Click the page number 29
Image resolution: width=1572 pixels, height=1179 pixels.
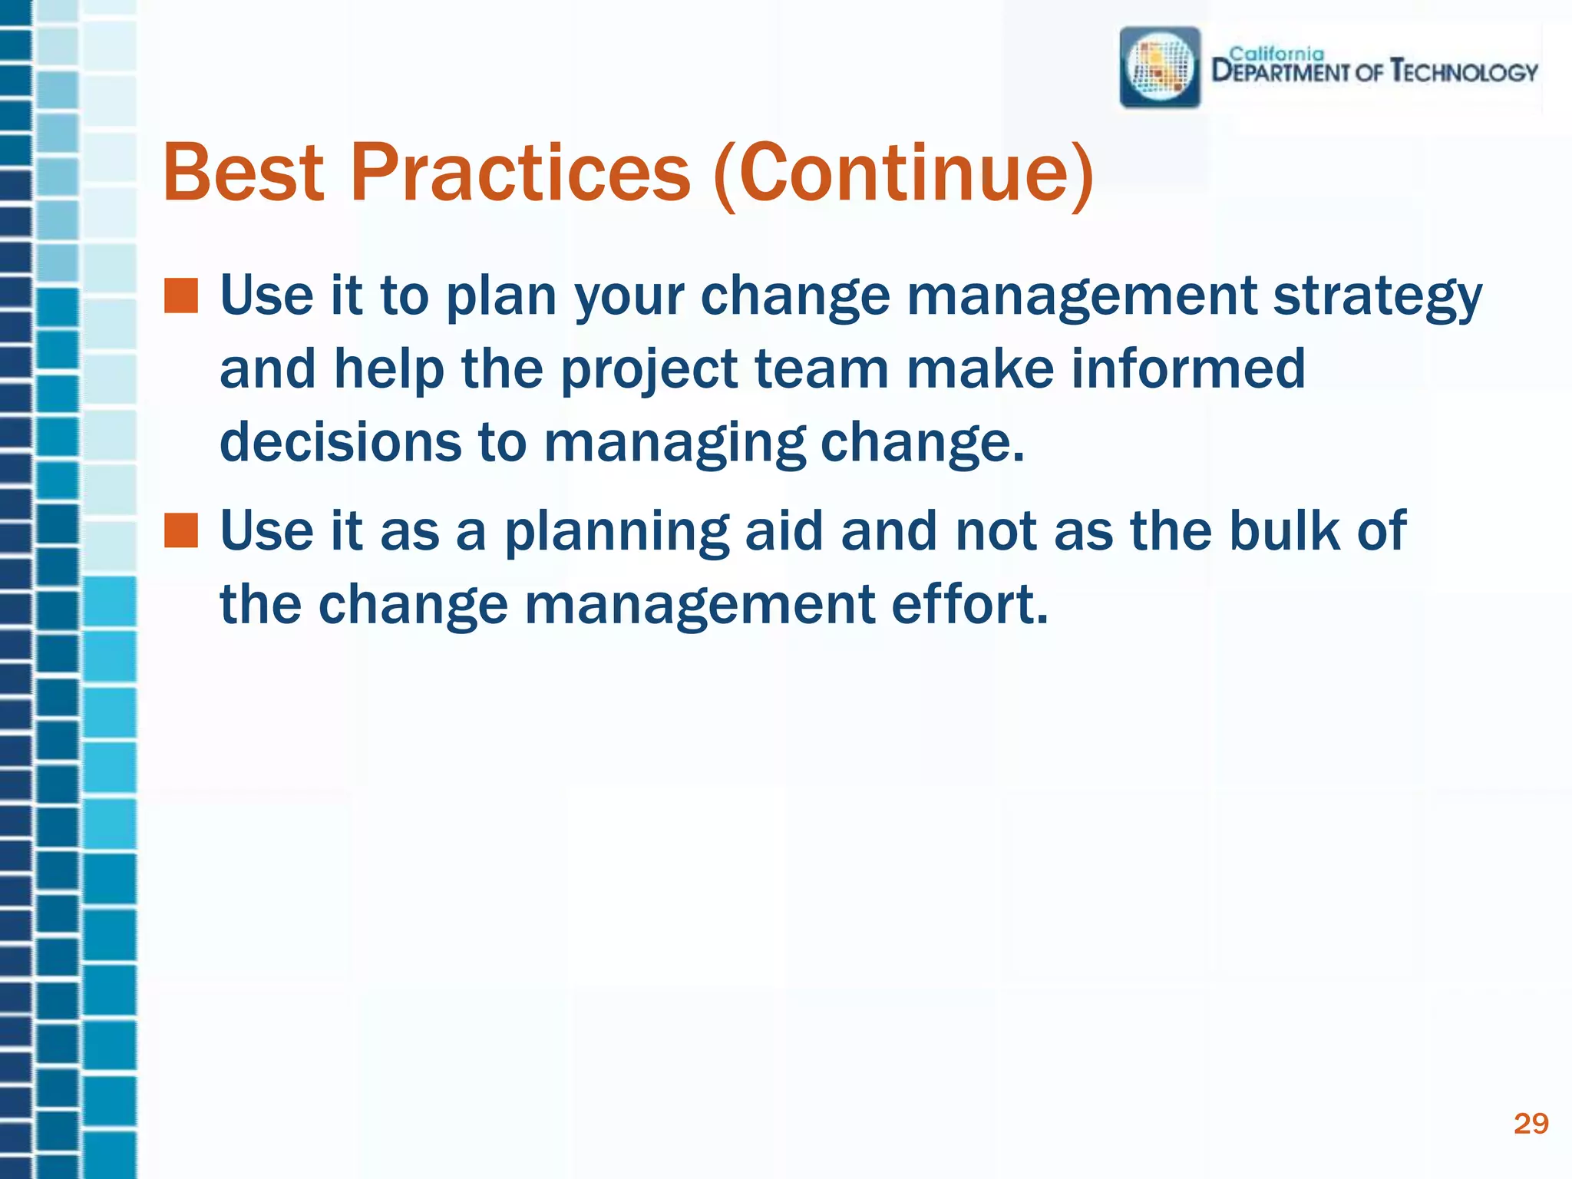click(x=1531, y=1124)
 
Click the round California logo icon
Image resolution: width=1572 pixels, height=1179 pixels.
click(x=1160, y=68)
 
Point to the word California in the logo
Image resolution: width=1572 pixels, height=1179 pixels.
click(x=1276, y=54)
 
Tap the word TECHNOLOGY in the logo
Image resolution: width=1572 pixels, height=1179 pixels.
click(x=1465, y=73)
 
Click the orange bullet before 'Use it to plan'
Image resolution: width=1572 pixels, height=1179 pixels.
click(x=181, y=296)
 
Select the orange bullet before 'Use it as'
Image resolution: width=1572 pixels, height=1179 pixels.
click(x=181, y=531)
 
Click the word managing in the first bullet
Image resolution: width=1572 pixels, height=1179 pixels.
click(x=675, y=444)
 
